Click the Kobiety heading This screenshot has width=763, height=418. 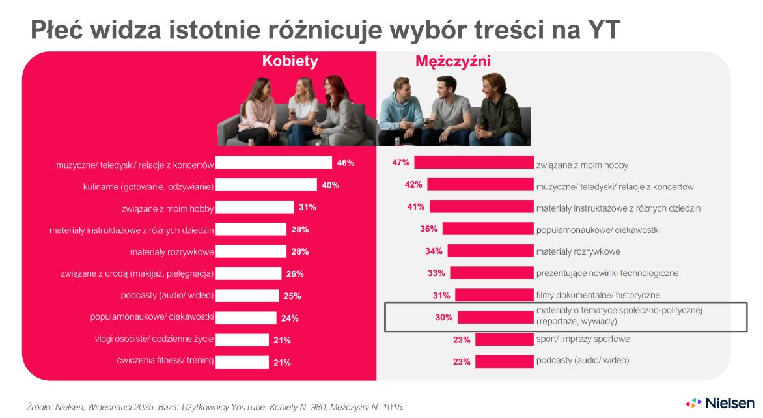point(290,61)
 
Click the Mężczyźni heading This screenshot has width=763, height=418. point(453,62)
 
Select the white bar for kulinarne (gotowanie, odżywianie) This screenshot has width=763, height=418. point(266,186)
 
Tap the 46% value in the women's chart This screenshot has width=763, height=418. point(346,163)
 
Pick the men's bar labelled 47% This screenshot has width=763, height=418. point(473,163)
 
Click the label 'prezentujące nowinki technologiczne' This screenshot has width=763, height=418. point(607,273)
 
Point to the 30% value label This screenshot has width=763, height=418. point(444,318)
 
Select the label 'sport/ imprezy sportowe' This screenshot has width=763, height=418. point(583,339)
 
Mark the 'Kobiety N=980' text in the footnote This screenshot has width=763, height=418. point(282,407)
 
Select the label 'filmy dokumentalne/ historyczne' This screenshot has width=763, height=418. point(598,296)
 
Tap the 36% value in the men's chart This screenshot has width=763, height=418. point(429,229)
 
